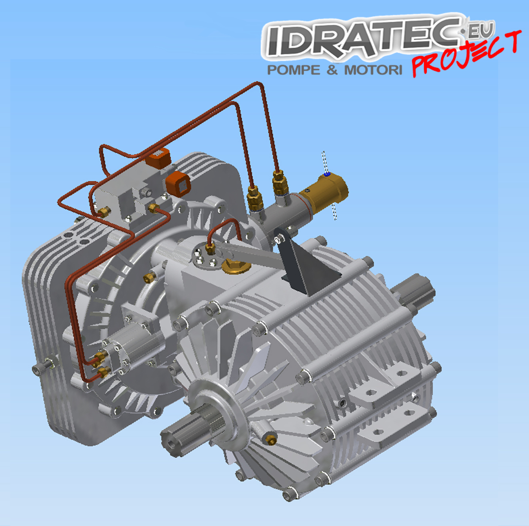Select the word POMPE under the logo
294,70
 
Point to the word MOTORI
373,70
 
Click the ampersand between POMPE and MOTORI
332,70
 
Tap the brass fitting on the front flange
270,439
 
